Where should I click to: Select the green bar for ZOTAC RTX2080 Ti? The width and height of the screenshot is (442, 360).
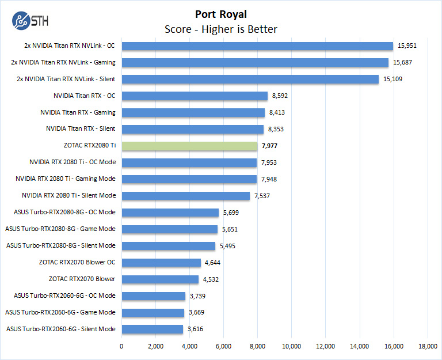189,146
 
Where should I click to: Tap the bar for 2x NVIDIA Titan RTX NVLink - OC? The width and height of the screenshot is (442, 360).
257,46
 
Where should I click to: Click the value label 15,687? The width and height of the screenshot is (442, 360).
403,63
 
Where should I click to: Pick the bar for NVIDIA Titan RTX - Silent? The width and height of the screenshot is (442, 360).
192,129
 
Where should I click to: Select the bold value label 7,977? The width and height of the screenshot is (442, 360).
272,146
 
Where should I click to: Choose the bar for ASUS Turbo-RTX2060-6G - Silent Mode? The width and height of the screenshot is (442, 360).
152,329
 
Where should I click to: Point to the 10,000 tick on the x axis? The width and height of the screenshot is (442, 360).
291,346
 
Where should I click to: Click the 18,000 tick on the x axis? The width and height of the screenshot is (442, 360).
428,346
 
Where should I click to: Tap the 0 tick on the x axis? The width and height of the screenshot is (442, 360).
121,346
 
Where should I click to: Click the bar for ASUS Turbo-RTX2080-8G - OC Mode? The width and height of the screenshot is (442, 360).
170,213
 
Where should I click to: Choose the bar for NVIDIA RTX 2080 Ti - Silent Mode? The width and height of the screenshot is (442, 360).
185,196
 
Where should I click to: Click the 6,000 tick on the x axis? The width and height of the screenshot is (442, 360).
223,346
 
